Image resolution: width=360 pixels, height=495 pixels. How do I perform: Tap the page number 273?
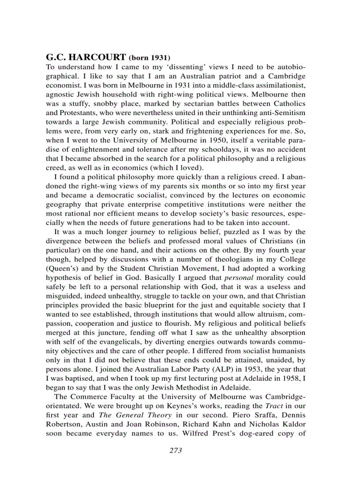point(176,450)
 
